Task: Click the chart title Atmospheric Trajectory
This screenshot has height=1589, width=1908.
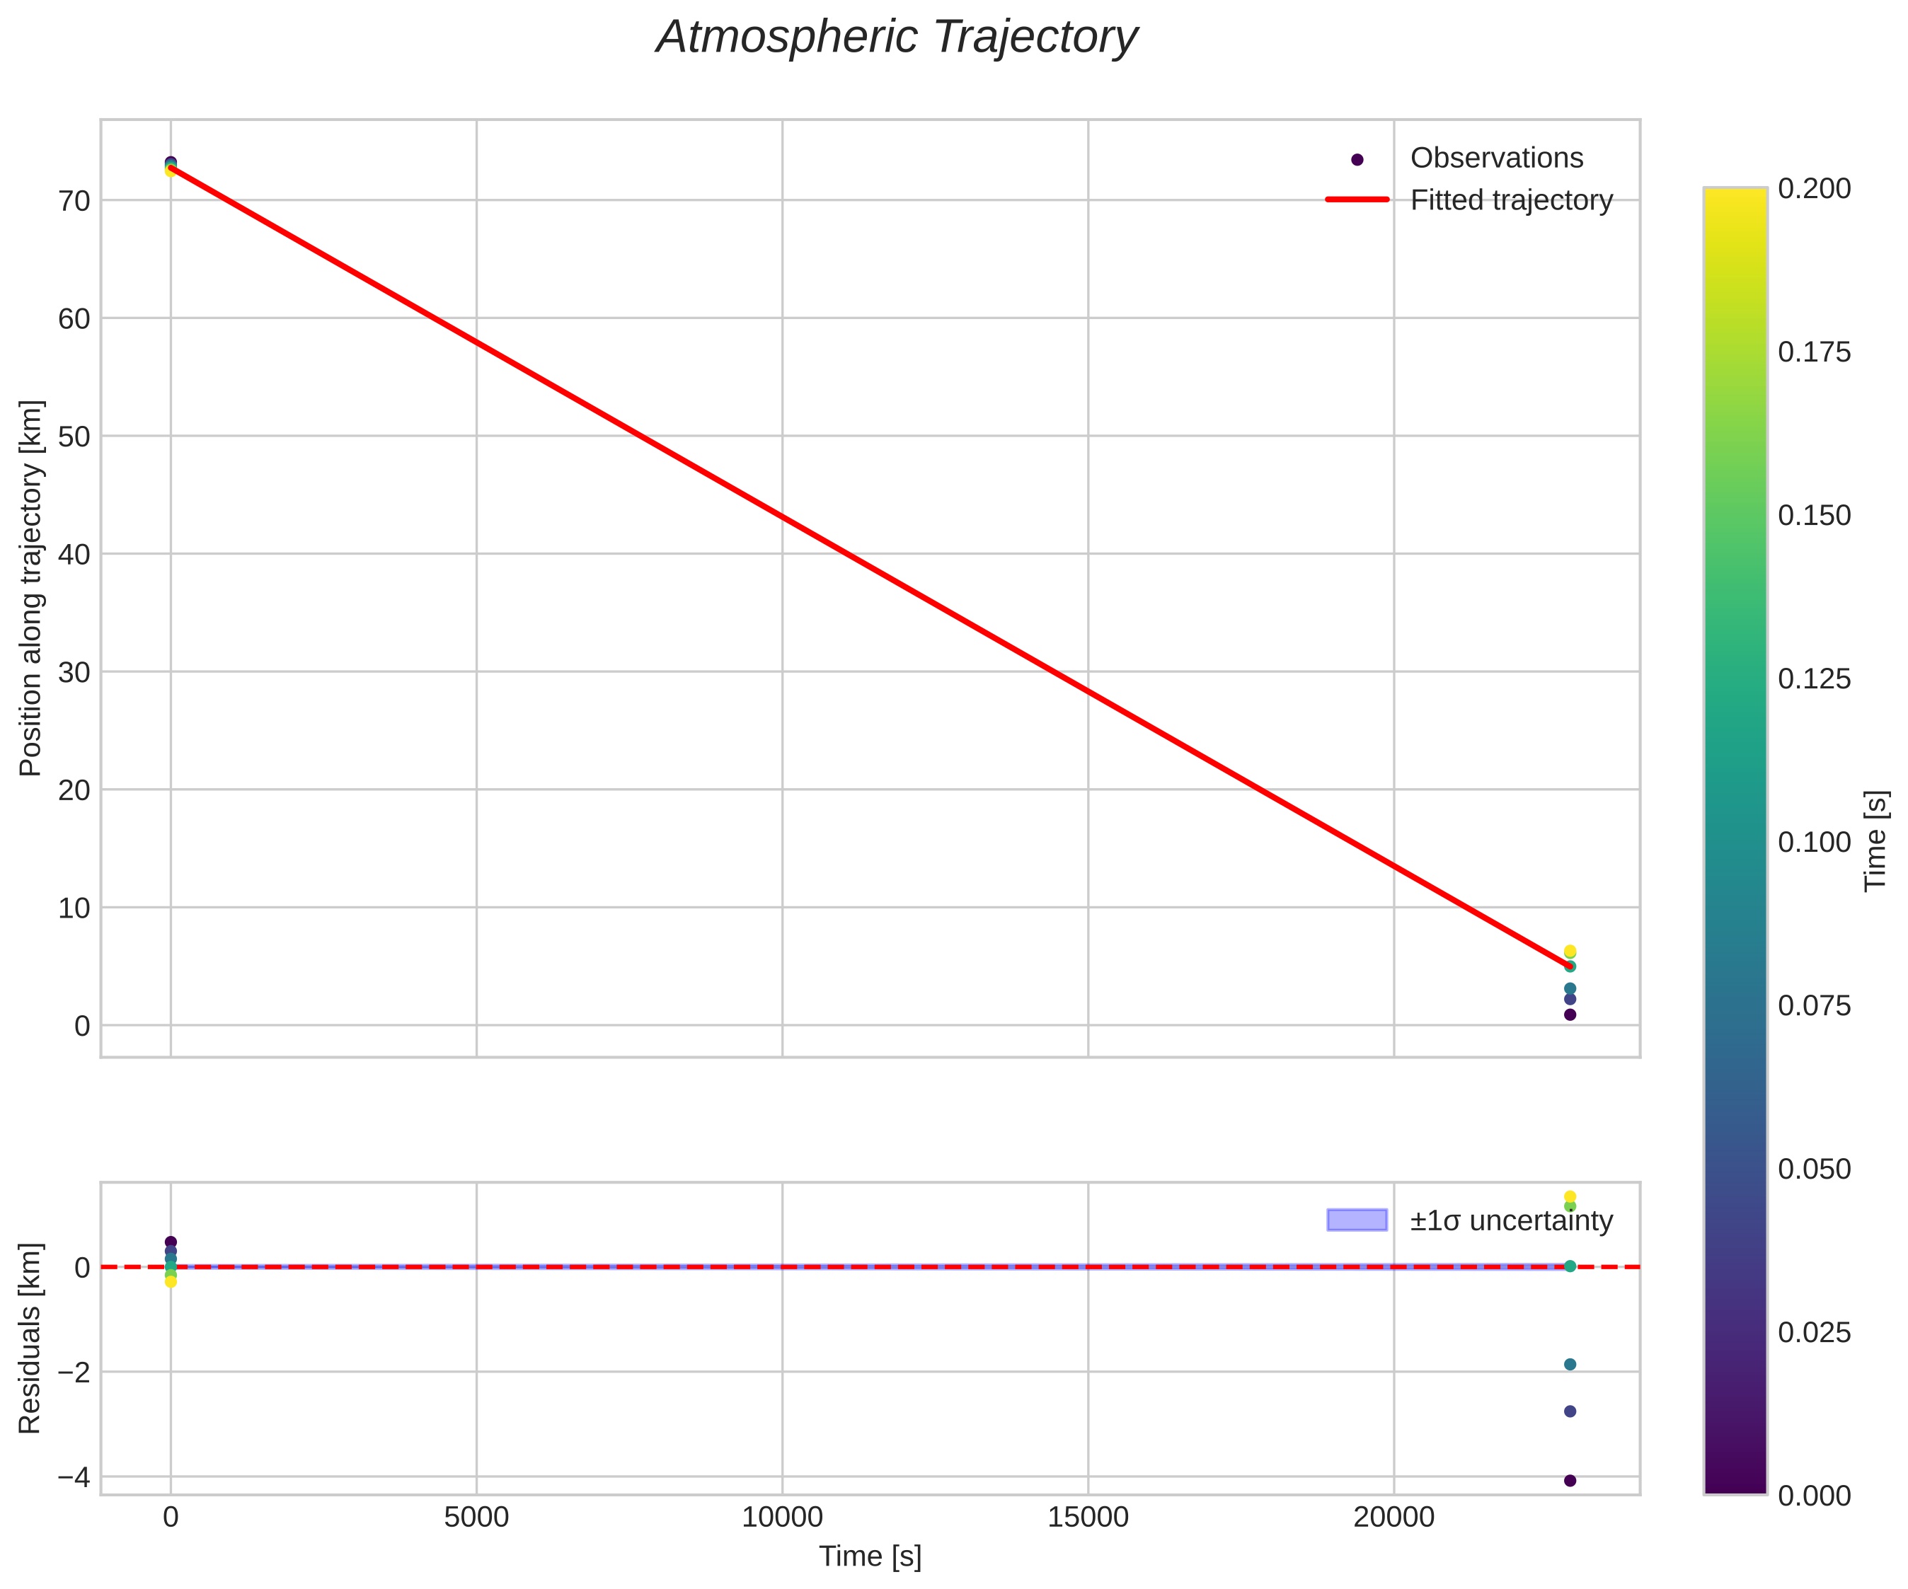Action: [897, 38]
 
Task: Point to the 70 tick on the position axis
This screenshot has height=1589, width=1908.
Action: [74, 201]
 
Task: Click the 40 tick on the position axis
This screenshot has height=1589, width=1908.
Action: [74, 554]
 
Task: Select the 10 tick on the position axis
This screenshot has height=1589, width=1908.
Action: [74, 908]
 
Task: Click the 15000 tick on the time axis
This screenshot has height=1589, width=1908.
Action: [1088, 1518]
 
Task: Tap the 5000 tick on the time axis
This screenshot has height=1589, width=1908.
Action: [476, 1518]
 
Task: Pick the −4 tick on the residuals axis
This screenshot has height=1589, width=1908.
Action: [73, 1477]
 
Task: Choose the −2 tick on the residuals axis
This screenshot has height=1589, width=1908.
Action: [73, 1372]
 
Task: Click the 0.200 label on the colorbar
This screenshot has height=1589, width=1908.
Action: [1813, 188]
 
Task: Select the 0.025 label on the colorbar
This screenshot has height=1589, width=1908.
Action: [1813, 1333]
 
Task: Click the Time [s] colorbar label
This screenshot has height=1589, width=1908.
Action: [1877, 840]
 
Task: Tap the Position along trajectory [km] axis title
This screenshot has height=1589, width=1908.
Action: [31, 588]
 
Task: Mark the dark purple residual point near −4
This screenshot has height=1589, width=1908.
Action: [1569, 1480]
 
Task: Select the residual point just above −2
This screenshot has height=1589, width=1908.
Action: [1569, 1365]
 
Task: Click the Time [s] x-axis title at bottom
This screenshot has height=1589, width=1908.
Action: [870, 1556]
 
